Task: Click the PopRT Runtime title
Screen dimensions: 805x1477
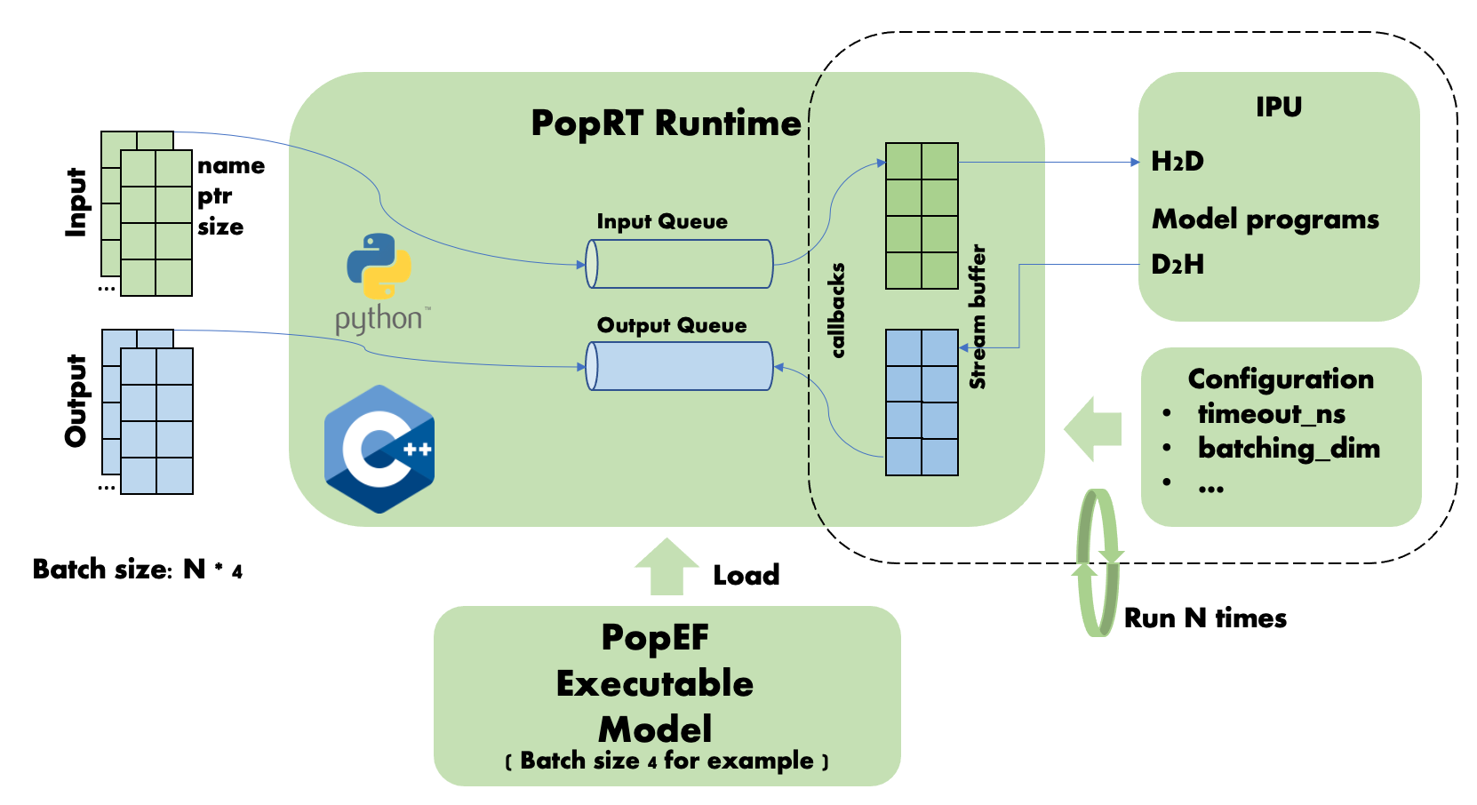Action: (666, 123)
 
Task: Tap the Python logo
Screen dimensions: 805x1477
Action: (379, 267)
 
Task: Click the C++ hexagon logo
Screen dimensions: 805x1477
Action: (379, 449)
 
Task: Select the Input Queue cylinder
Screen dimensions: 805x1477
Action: (680, 264)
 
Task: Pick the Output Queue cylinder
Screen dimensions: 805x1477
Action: (680, 366)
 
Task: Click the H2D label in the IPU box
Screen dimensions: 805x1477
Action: (1178, 162)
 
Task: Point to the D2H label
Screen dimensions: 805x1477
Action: (1178, 264)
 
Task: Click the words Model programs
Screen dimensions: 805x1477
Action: (1265, 219)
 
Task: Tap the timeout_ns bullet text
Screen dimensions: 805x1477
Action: (1271, 414)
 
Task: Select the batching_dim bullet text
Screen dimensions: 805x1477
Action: (1289, 448)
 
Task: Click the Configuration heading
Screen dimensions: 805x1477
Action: (1281, 379)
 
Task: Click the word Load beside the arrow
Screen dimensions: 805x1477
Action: (746, 576)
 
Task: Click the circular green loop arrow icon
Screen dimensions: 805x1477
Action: (1098, 562)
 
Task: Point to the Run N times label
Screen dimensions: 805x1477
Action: (1205, 618)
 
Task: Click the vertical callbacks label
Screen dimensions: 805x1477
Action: (837, 311)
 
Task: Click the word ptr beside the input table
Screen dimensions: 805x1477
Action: (214, 196)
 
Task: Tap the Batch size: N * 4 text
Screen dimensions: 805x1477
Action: (137, 570)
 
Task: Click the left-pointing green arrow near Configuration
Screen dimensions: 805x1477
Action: (1092, 429)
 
